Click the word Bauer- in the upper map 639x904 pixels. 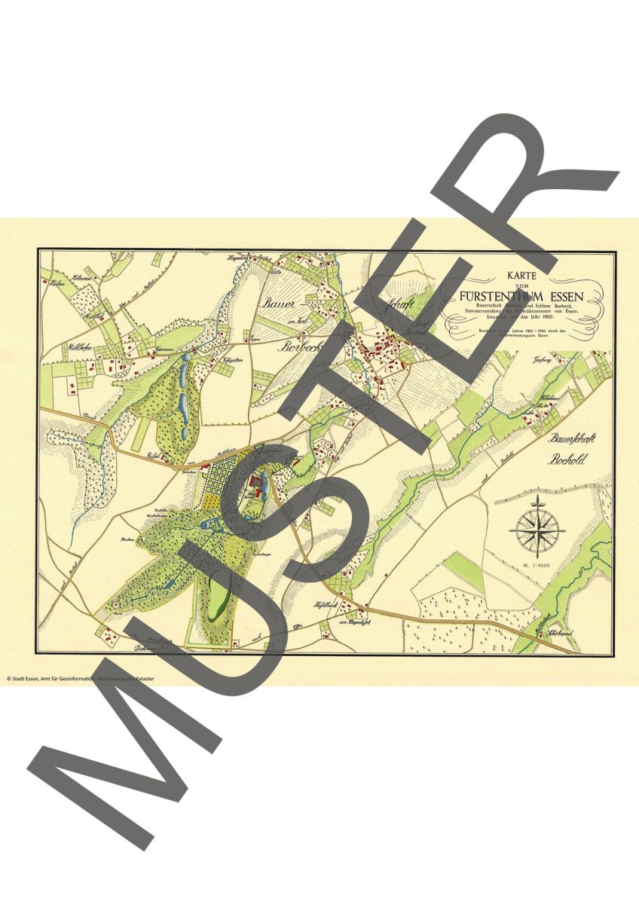(280, 305)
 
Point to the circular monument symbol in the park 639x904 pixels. (115, 605)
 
